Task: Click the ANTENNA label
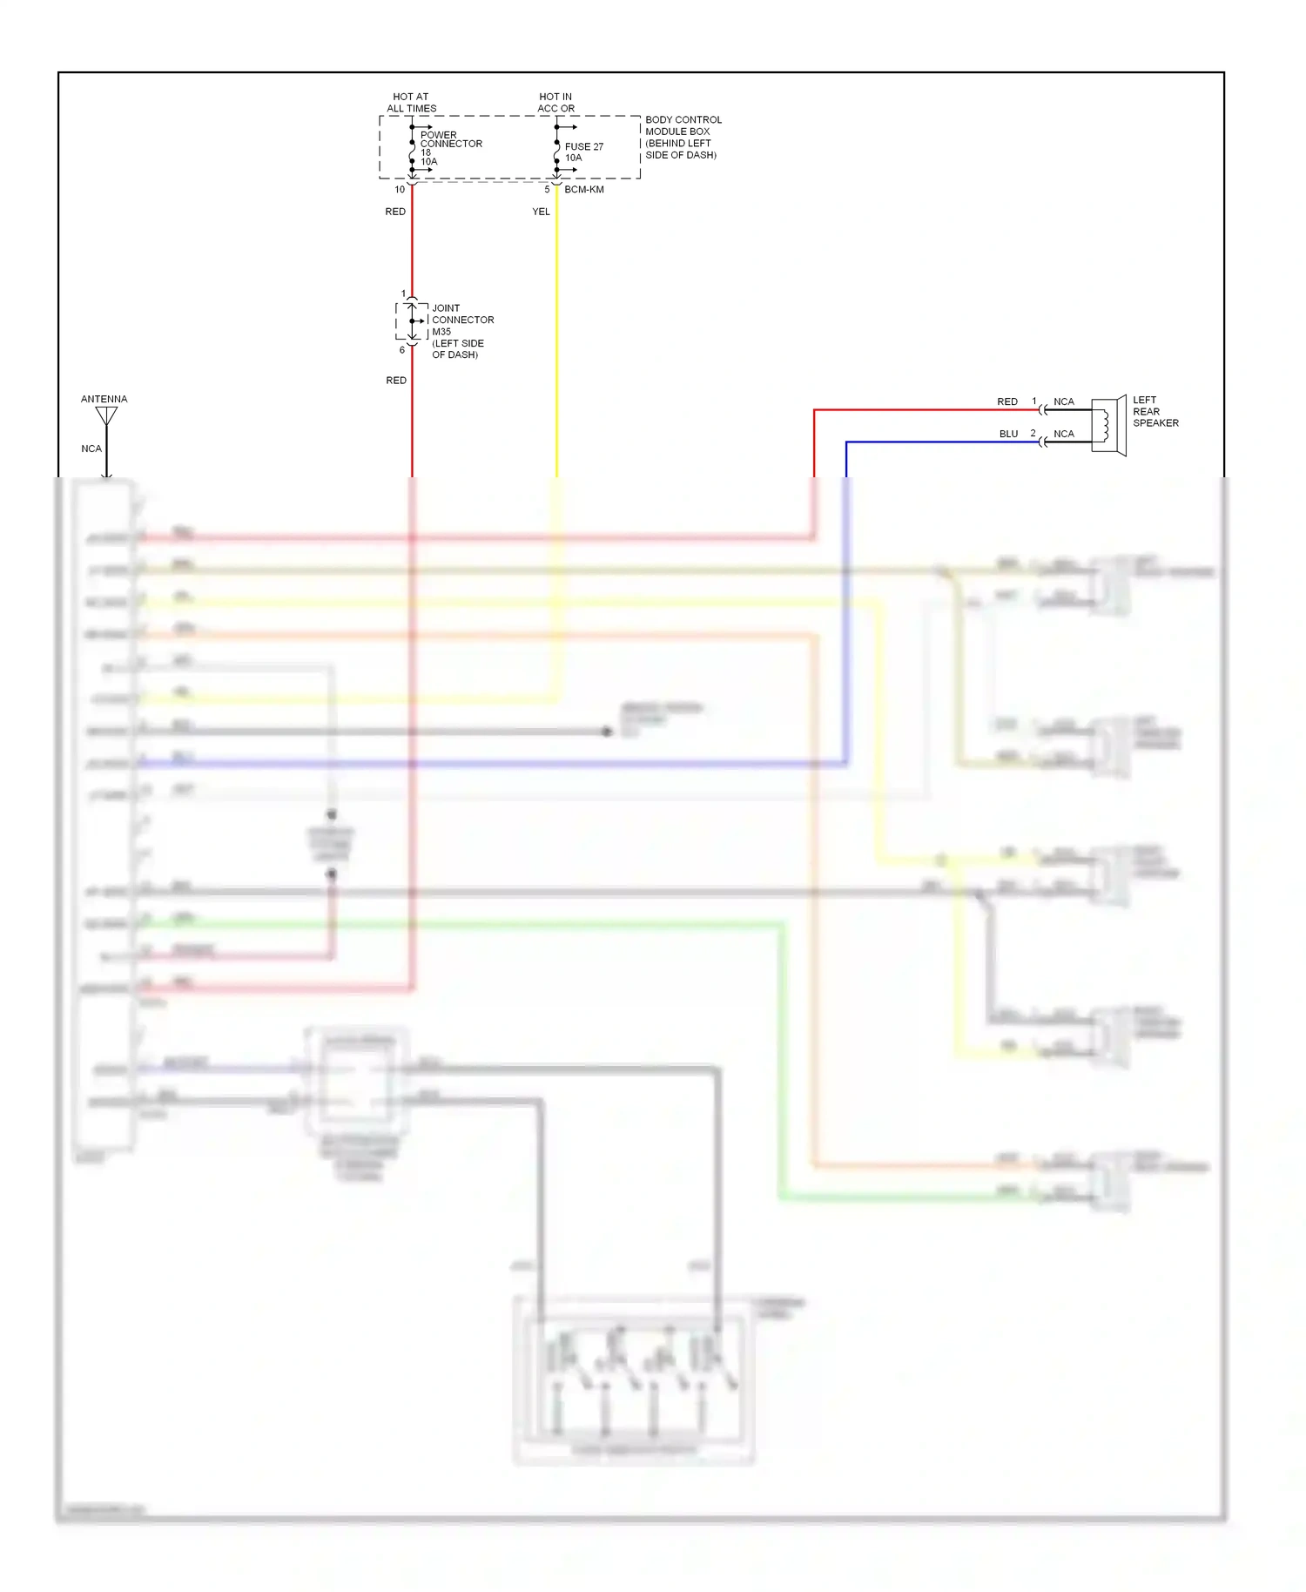point(104,399)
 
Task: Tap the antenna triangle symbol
point(106,416)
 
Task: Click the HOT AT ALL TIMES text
point(411,103)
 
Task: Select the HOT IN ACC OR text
point(555,103)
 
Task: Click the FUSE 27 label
point(583,146)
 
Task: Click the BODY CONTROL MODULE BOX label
point(682,137)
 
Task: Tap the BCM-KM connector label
point(583,189)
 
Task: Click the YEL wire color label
point(541,212)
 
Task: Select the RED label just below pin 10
point(395,212)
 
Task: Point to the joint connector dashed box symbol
point(412,321)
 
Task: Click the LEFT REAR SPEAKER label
point(1155,411)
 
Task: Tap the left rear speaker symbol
point(1108,425)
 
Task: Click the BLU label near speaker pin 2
point(1008,434)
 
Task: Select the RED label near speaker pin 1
point(1006,401)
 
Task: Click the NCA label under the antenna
point(91,449)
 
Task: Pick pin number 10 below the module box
point(400,189)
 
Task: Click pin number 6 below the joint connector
point(401,350)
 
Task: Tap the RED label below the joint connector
point(396,381)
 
